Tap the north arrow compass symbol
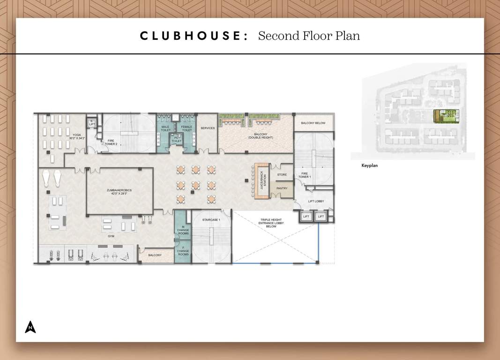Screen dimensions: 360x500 click(30, 327)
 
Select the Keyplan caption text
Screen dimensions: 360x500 click(369, 165)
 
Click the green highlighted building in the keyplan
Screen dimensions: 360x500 click(446, 115)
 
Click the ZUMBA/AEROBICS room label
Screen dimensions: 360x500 click(119, 192)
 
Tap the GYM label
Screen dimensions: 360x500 click(111, 236)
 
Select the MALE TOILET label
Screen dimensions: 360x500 click(165, 128)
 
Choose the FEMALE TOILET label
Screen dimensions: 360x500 click(187, 128)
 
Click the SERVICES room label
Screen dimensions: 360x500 click(208, 128)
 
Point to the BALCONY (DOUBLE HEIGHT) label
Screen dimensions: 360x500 click(261, 136)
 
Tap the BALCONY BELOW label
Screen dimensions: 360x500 click(313, 123)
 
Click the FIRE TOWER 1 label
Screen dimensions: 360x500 click(304, 175)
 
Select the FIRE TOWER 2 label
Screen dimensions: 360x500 click(111, 142)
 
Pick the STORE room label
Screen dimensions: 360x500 click(282, 175)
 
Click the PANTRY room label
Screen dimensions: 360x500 click(282, 188)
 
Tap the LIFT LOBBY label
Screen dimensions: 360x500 click(316, 202)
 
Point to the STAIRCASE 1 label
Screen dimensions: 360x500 click(211, 220)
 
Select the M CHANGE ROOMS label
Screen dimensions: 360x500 click(183, 230)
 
